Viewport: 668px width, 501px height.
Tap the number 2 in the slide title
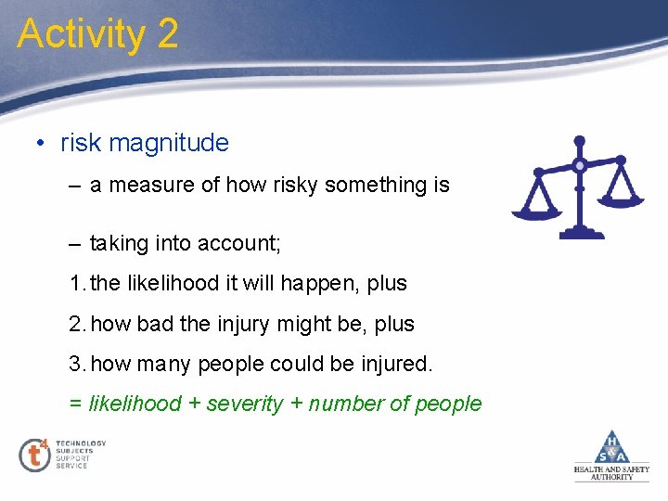click(167, 34)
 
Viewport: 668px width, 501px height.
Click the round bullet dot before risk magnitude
click(41, 144)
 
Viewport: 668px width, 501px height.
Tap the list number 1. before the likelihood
click(78, 284)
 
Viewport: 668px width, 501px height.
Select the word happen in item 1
click(323, 284)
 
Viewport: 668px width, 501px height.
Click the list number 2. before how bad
click(78, 325)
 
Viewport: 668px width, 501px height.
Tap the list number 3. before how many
click(78, 365)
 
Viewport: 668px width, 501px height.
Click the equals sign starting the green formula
click(74, 405)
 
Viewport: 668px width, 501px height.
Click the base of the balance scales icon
click(579, 233)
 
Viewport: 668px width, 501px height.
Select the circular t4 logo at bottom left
click(34, 455)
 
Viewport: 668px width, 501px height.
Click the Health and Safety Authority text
click(611, 473)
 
